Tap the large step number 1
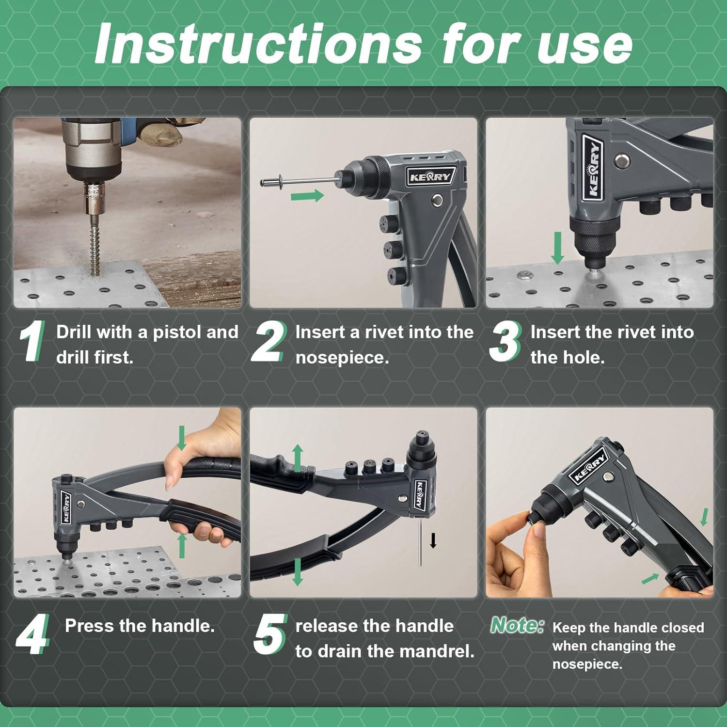[x=32, y=341]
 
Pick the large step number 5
[x=270, y=633]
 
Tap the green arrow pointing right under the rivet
[x=307, y=196]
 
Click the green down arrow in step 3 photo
[x=558, y=248]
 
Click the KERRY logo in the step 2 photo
[x=430, y=177]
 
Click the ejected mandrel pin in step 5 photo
[x=420, y=543]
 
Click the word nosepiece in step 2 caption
[x=342, y=358]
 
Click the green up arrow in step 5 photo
[x=298, y=458]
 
